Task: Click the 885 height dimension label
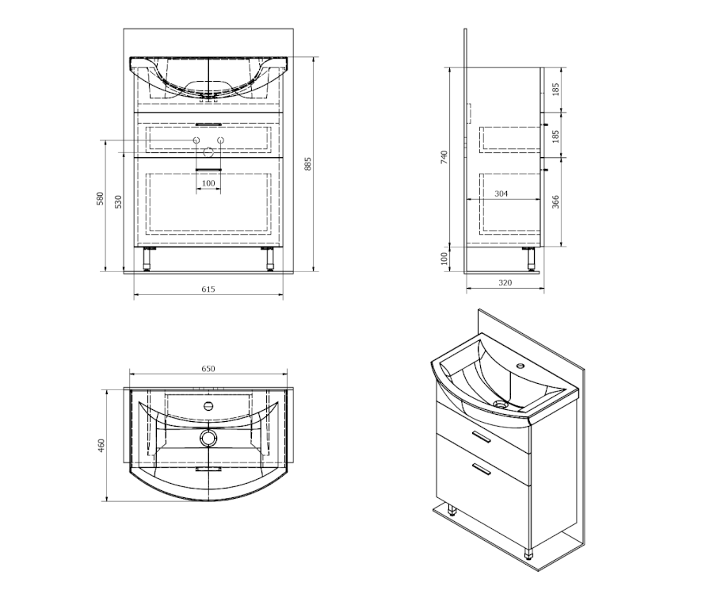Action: click(308, 164)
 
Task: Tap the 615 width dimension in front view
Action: click(208, 289)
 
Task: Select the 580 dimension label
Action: click(101, 198)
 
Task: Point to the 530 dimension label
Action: click(118, 201)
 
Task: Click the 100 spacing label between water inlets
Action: click(208, 183)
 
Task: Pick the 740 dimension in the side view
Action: click(444, 157)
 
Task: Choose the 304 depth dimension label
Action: click(501, 194)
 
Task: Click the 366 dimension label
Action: click(555, 201)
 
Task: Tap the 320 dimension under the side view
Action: click(505, 282)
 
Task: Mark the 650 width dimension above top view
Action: click(208, 369)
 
